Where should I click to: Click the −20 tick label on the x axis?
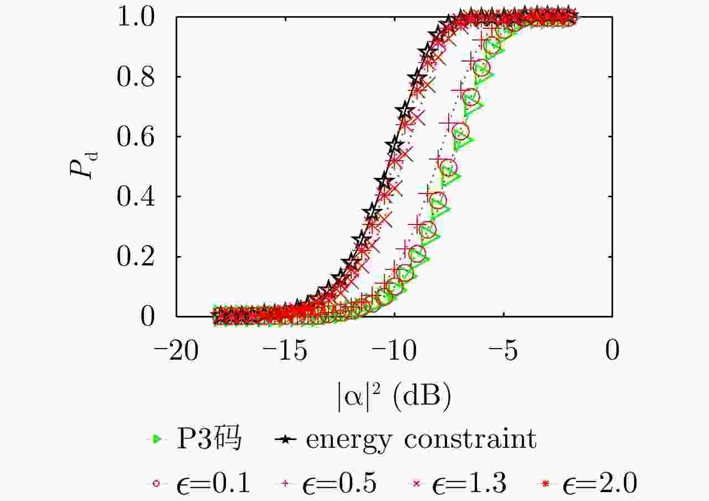coord(176,351)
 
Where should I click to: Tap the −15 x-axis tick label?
coord(285,351)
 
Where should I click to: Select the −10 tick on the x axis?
coord(394,351)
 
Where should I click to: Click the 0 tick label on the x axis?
coord(612,351)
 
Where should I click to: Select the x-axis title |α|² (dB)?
coord(394,396)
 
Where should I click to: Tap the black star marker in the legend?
coord(284,439)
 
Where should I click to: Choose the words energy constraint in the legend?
coord(421,439)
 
